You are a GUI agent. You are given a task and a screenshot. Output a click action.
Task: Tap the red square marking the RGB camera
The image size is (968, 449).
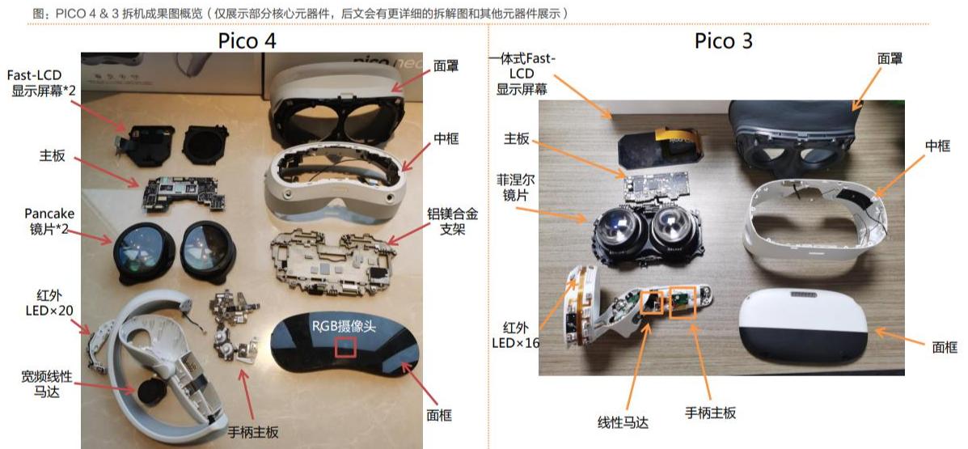(x=346, y=347)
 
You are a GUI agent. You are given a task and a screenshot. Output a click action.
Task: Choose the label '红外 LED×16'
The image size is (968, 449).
(x=515, y=334)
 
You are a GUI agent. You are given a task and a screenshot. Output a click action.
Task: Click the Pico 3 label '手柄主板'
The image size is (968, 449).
(x=711, y=413)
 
